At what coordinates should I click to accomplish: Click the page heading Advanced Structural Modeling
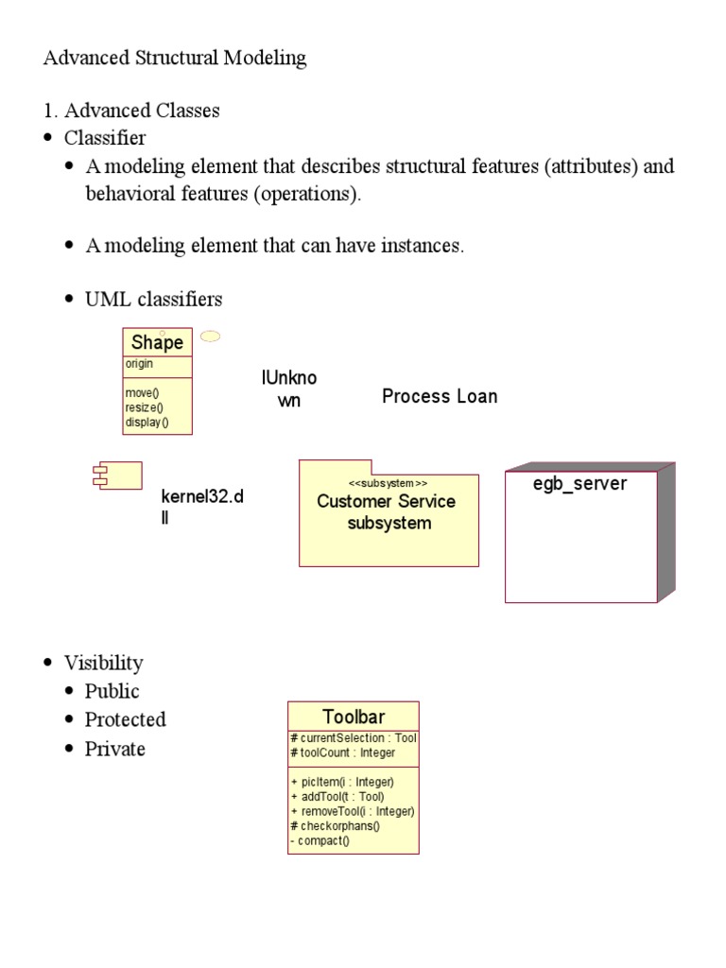click(x=175, y=58)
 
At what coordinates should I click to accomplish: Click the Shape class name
click(x=157, y=342)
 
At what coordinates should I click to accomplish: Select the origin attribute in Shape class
click(x=139, y=364)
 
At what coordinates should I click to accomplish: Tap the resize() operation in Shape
click(x=144, y=407)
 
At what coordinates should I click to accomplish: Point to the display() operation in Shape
click(x=147, y=423)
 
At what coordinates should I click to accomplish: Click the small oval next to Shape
click(x=212, y=336)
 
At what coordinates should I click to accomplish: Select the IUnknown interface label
click(x=288, y=389)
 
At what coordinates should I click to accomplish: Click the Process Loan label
click(x=440, y=396)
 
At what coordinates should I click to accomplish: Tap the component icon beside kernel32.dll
click(x=115, y=475)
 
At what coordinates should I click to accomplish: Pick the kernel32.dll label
click(x=201, y=507)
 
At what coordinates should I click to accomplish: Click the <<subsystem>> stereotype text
click(x=388, y=483)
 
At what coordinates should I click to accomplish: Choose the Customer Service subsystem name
click(x=386, y=511)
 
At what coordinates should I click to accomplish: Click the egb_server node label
click(x=580, y=484)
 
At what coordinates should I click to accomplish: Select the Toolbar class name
click(x=354, y=717)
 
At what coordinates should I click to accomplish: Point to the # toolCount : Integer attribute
click(x=343, y=753)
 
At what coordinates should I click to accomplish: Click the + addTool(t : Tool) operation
click(x=337, y=797)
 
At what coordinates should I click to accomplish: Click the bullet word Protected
click(x=125, y=719)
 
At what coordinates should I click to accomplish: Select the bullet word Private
click(x=115, y=749)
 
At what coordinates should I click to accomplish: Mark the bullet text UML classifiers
click(x=154, y=300)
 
